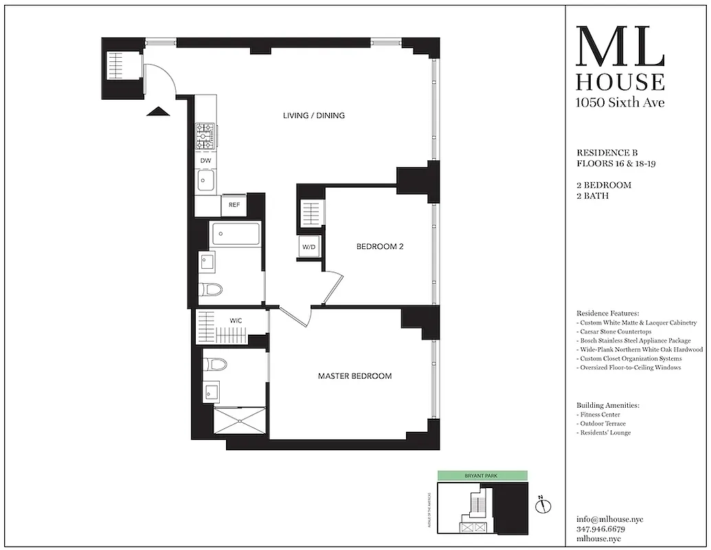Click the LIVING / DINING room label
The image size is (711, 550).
point(314,115)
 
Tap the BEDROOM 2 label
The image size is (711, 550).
point(379,246)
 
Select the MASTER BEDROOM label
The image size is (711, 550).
point(354,376)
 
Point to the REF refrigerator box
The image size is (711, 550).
point(234,205)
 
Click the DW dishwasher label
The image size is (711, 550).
point(205,161)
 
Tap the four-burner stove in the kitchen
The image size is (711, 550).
point(205,137)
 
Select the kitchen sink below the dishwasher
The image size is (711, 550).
point(205,181)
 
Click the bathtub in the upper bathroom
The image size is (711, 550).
point(236,234)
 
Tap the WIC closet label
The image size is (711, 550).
point(235,320)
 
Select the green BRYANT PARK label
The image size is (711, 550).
point(483,475)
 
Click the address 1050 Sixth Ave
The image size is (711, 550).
point(620,103)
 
